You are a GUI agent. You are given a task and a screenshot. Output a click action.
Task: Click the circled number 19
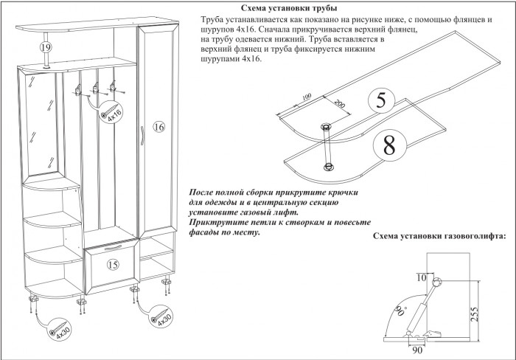tap(46, 47)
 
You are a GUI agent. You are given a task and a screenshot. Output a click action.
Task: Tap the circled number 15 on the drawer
tap(113, 263)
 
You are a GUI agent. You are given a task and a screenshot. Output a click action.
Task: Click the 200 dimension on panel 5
tap(339, 104)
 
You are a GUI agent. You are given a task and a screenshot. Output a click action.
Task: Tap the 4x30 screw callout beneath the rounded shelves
tap(59, 329)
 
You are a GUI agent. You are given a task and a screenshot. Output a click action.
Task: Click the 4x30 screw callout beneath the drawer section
tap(162, 318)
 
